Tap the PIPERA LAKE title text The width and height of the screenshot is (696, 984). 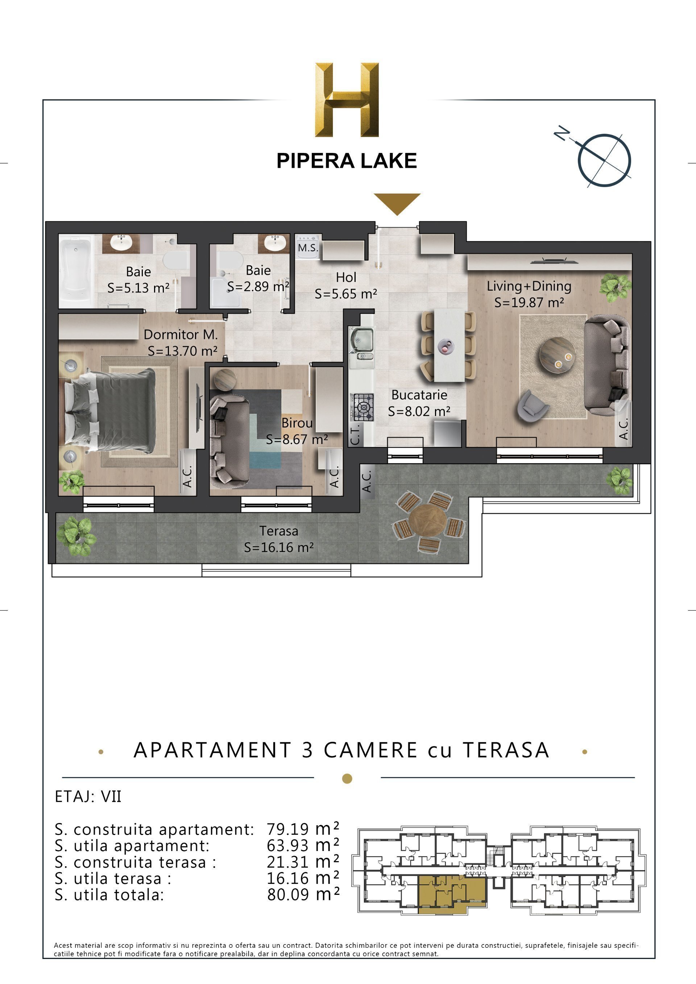(x=347, y=161)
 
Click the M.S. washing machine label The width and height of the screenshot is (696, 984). (x=308, y=248)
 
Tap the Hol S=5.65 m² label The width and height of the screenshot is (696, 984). (x=346, y=286)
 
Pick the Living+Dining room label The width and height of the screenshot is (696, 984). (x=529, y=294)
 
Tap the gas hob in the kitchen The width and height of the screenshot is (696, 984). (x=362, y=407)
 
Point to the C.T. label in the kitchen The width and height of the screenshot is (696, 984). (x=355, y=434)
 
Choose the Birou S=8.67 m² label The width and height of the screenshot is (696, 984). (x=297, y=431)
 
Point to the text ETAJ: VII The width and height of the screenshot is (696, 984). (x=88, y=797)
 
